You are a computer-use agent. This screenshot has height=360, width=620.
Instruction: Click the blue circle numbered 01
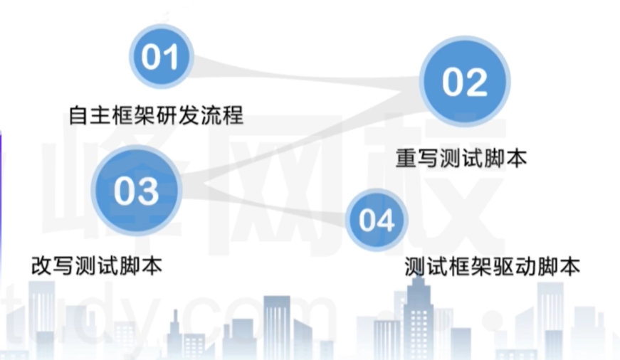tap(160, 56)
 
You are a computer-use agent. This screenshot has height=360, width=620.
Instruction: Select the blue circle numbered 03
tap(135, 190)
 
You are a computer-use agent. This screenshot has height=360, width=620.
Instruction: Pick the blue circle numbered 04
tap(377, 219)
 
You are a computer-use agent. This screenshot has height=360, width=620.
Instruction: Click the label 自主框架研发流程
tap(156, 114)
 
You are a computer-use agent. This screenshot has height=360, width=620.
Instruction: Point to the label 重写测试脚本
tap(461, 158)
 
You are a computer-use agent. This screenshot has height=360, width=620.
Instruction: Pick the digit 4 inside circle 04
tap(385, 220)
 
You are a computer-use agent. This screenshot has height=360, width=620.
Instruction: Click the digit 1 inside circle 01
tap(169, 57)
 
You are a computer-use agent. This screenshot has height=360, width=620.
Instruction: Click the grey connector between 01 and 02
tap(306, 75)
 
